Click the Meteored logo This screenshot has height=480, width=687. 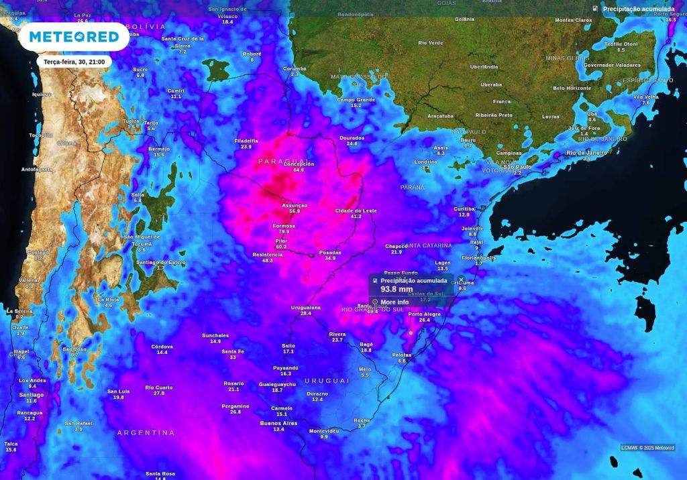click(74, 36)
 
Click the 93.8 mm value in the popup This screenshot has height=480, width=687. click(397, 290)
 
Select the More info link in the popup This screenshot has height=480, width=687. click(394, 302)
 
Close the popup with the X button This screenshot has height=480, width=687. click(461, 280)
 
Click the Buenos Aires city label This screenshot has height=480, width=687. click(278, 423)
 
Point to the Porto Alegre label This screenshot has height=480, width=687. click(425, 314)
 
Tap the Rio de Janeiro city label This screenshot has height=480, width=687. click(586, 153)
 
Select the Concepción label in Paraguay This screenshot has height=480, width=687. click(299, 164)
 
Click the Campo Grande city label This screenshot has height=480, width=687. click(356, 100)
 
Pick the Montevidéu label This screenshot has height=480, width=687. click(323, 430)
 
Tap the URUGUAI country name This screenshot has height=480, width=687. click(327, 380)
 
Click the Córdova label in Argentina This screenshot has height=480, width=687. click(162, 347)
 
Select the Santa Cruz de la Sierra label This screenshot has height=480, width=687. click(182, 42)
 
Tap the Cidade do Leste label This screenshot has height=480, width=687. click(356, 211)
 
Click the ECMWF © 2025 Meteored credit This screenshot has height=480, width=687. click(647, 448)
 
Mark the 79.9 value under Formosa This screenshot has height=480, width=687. click(284, 232)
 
